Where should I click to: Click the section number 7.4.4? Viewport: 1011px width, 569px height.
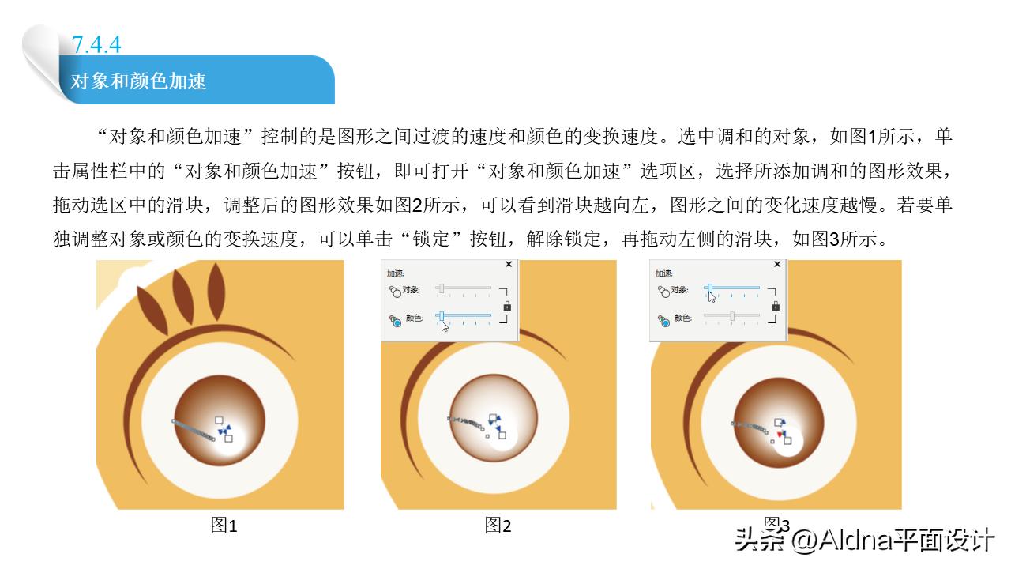96,44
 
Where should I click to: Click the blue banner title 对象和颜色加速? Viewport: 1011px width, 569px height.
139,81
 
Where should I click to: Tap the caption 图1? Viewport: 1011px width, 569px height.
224,526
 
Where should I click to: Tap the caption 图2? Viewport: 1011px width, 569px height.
498,526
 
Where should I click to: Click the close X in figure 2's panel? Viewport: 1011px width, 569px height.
508,265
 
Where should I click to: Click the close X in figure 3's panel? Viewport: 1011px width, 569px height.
776,265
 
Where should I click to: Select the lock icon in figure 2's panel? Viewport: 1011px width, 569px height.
507,305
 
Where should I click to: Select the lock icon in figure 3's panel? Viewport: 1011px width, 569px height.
776,305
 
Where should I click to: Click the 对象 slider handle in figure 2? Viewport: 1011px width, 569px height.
442,288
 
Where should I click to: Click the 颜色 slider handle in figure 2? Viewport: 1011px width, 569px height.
442,316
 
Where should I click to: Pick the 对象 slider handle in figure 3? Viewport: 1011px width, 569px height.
710,288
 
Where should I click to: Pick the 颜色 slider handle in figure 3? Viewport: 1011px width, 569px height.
732,316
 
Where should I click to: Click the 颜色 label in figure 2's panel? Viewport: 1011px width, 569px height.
414,318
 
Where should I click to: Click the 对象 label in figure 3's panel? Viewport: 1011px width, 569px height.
682,290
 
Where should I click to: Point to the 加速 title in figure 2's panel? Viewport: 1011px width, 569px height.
396,273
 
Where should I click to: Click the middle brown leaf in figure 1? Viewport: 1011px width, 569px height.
180,295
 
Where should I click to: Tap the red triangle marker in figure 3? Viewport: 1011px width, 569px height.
780,435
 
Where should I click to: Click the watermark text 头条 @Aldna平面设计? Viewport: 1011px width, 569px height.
864,541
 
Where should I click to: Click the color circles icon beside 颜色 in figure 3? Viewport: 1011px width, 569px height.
663,320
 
